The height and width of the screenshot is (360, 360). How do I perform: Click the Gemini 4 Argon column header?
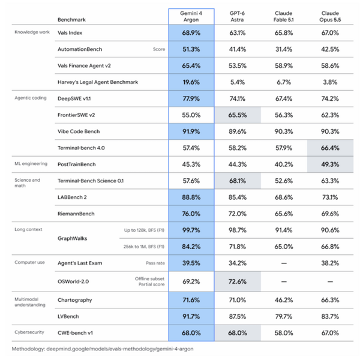coord(191,17)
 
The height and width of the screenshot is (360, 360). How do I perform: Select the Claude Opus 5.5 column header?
coord(330,17)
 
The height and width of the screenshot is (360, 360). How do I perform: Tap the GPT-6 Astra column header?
coord(237,17)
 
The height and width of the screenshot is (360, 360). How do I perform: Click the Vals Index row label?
coord(70,33)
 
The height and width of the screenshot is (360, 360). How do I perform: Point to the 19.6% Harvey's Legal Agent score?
coord(191,82)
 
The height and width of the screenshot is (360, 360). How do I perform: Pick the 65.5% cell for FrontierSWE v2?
coord(238,115)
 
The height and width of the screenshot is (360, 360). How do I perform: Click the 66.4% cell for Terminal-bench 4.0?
coord(330,148)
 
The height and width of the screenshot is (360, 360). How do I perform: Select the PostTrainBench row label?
coord(76,164)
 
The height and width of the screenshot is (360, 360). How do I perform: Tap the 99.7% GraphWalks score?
coord(191,230)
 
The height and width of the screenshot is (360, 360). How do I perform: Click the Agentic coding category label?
coord(31,98)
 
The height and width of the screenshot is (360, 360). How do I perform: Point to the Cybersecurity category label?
coord(29,332)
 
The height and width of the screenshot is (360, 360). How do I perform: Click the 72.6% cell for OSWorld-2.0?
coord(238,281)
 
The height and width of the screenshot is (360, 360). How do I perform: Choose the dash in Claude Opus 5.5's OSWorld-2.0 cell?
coord(330,281)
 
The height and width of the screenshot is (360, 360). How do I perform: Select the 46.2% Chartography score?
coord(284,300)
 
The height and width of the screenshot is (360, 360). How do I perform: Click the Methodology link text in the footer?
coord(103,349)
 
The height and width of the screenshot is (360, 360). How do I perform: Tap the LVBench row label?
coord(68,316)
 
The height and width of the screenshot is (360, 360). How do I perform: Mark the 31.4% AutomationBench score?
coord(284,49)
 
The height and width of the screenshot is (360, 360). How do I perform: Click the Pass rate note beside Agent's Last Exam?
coord(155,263)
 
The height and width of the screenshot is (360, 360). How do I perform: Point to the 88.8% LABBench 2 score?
coord(191,197)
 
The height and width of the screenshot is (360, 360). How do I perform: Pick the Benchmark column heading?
coord(71,20)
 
